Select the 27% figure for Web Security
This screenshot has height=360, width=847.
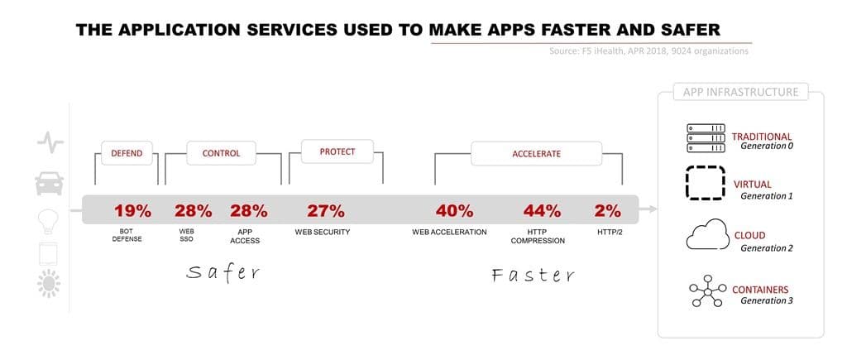326,210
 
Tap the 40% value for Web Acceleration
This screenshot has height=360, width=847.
454,210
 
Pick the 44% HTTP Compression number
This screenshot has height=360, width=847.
541,210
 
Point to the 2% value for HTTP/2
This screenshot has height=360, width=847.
608,210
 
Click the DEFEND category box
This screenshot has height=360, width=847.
127,153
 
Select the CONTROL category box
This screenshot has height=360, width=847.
221,153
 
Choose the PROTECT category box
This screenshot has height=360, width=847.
337,151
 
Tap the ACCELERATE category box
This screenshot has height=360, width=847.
536,154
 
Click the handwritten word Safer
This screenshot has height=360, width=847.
223,271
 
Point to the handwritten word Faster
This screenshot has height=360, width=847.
533,274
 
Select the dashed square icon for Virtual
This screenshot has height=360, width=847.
704,184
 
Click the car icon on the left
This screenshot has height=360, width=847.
50,182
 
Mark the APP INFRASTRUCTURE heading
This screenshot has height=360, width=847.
740,92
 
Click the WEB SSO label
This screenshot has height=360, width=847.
187,236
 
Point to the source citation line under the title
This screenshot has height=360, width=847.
648,51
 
